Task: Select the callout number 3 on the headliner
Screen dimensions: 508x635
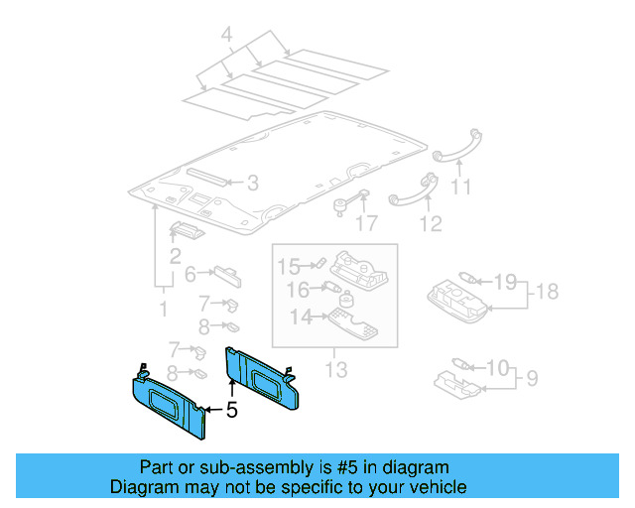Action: [252, 183]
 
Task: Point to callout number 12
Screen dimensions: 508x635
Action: [429, 223]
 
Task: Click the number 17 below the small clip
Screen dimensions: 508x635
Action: [367, 223]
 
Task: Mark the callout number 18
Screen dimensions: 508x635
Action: [547, 291]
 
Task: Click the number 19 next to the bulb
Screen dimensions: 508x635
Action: [505, 282]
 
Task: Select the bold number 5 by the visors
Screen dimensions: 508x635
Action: [231, 409]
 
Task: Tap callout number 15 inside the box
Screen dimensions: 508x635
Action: [288, 265]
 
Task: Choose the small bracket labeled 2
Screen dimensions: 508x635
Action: [187, 231]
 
